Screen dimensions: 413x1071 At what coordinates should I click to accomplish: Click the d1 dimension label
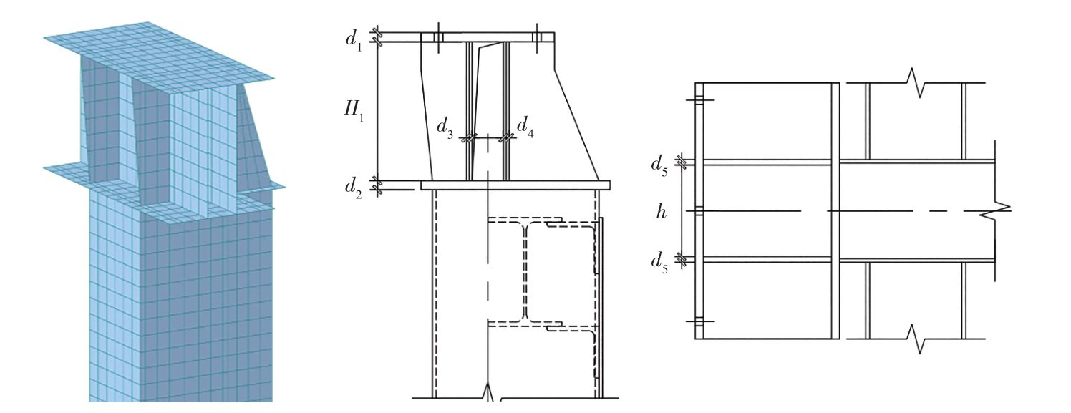(354, 39)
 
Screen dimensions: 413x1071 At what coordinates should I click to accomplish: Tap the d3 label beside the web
(446, 128)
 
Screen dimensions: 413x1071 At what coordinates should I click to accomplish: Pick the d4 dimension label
(525, 127)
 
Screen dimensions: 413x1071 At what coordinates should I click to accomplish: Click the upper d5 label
(660, 164)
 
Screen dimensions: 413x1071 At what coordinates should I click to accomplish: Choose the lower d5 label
(660, 261)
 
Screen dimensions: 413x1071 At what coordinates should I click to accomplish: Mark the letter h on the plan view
(661, 212)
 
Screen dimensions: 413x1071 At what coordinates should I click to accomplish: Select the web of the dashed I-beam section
(526, 273)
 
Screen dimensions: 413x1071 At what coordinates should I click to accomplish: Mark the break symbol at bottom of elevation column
(490, 392)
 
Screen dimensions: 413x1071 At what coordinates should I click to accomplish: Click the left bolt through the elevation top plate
(438, 37)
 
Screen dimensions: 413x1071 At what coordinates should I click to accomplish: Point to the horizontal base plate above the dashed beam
(515, 185)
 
